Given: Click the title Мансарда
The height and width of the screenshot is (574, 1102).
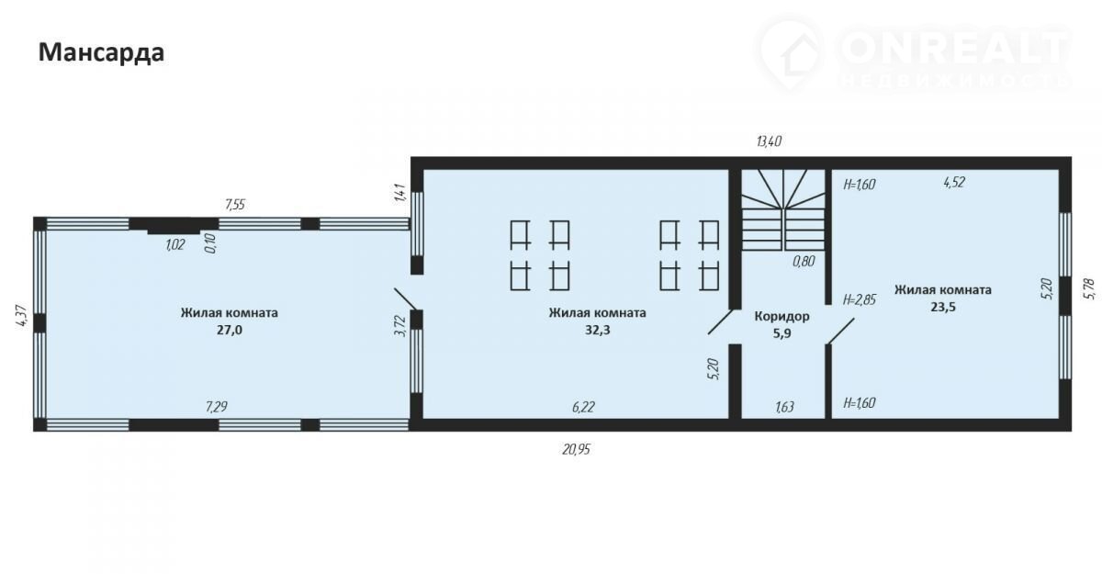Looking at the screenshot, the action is pos(101,52).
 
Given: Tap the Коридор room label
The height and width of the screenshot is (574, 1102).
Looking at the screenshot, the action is pos(782,316).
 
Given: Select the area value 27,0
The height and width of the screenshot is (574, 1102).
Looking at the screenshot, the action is pos(230,330).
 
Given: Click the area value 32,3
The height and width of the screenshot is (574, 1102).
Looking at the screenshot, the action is pos(597,330).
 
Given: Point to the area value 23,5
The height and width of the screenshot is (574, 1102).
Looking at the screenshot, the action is pos(943,307).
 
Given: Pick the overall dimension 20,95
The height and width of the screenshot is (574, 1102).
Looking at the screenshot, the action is pos(576,449).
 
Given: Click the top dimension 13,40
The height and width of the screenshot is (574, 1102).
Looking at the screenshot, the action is pos(769,142).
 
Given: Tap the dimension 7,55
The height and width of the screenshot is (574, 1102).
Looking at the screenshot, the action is pos(235,205).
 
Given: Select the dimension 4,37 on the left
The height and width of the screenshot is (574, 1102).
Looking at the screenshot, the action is pos(23,317).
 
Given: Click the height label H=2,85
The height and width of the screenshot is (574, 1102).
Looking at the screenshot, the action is pos(860,299).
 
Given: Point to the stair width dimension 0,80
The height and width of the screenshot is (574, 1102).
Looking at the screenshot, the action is pos(804,261).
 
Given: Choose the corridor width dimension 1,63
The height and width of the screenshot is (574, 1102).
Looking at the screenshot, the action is pos(784,407).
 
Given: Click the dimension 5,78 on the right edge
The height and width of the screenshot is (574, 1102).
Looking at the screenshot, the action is pos(1089,288).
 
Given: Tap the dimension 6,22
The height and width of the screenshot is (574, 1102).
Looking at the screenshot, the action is pos(583,407).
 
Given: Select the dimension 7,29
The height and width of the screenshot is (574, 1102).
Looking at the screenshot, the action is pos(217,407).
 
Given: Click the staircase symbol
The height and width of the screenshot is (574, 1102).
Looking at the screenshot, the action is pos(783,210).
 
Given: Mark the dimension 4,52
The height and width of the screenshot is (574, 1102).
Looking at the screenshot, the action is pos(954,183).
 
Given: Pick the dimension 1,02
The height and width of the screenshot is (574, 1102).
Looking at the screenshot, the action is pos(174,245).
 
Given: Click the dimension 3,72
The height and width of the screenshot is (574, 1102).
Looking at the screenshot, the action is pos(400,326).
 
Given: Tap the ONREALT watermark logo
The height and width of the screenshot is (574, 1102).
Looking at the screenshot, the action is pos(915,55).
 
